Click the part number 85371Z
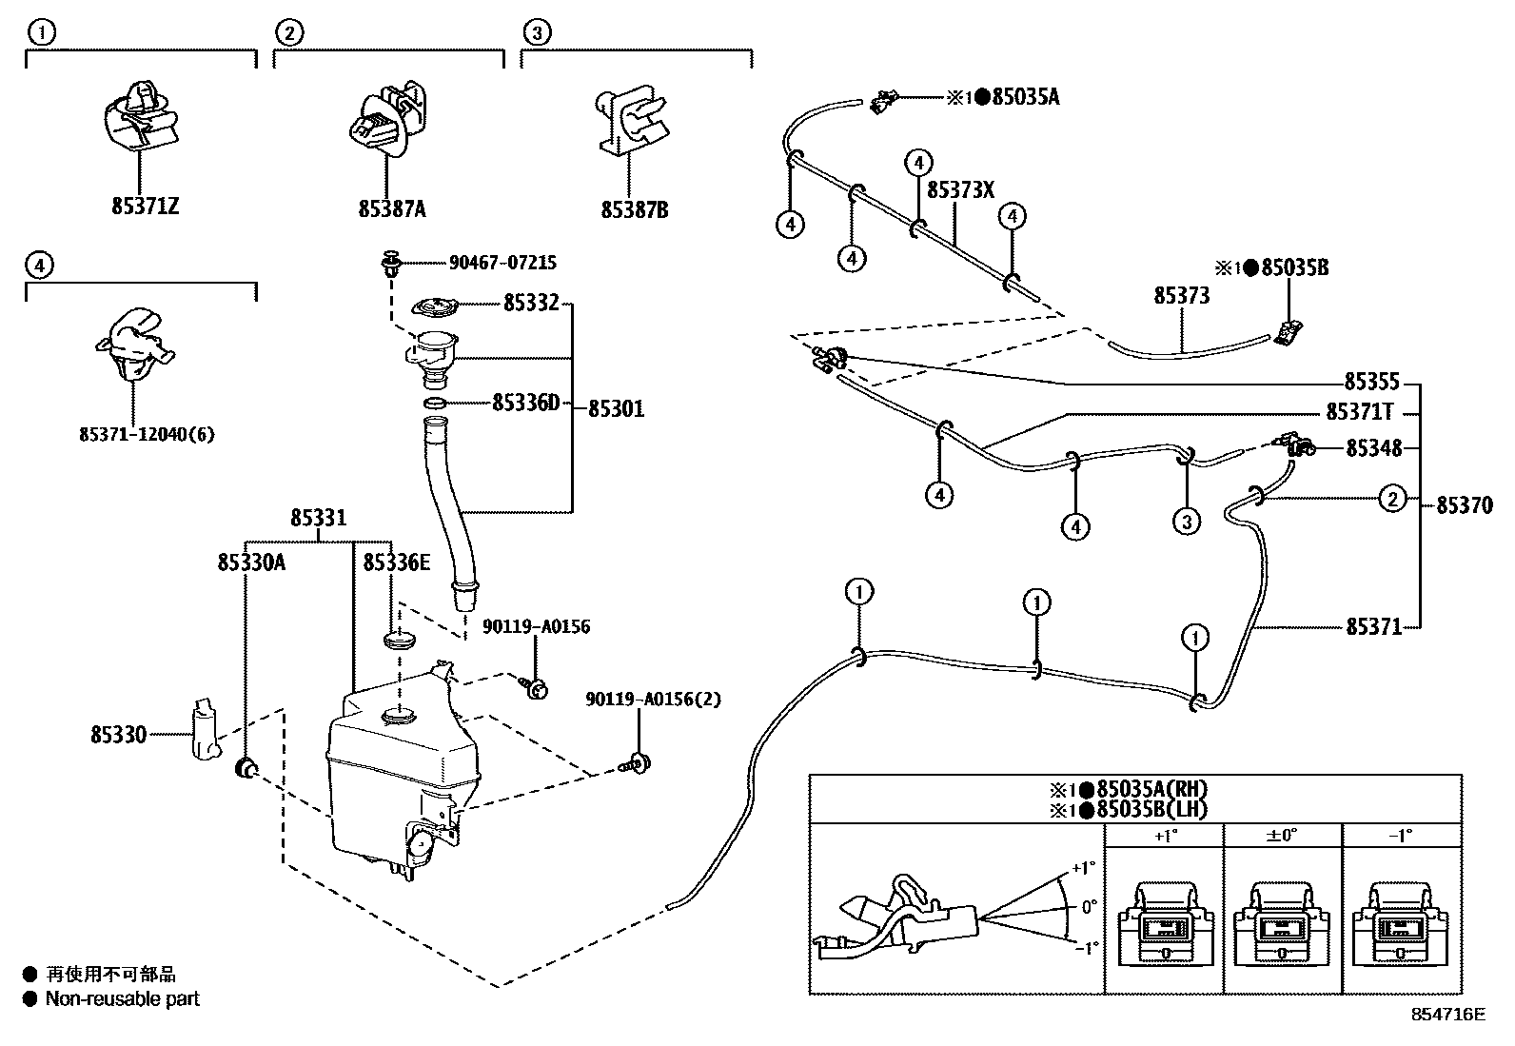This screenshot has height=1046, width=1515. [145, 207]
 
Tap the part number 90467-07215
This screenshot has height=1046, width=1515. [502, 263]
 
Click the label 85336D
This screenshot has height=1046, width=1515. [525, 404]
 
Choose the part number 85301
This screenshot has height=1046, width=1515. [616, 409]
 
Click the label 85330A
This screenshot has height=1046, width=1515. [251, 562]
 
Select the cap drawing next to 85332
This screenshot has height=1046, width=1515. [435, 308]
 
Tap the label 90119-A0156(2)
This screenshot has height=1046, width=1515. [653, 700]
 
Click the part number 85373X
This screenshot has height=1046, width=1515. [960, 190]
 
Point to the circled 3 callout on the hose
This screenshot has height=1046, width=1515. [1186, 521]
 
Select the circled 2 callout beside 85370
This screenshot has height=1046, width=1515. [1392, 498]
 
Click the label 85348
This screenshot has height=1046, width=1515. [1372, 447]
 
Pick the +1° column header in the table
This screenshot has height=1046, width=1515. [1164, 836]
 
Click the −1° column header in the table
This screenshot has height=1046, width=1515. [1400, 836]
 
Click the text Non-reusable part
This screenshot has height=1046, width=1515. [123, 998]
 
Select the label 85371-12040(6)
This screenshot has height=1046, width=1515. [148, 435]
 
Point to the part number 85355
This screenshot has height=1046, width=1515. [1371, 383]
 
